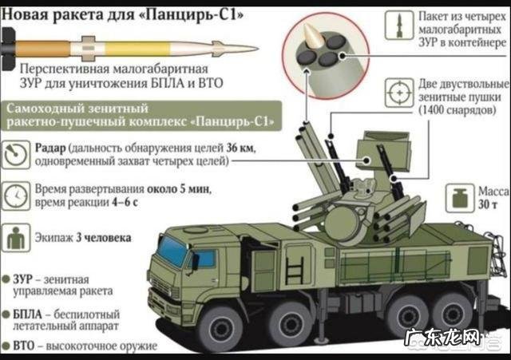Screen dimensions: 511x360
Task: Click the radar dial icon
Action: point(16,154)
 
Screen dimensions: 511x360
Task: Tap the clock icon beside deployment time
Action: point(16,196)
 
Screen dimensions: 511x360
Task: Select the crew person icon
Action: point(16,238)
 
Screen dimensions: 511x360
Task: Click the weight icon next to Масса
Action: point(460,198)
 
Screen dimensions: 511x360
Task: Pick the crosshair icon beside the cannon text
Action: point(399,93)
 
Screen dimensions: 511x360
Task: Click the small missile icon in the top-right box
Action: point(399,25)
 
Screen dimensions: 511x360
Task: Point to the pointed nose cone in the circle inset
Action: point(313,36)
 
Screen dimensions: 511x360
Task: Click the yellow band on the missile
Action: point(137,49)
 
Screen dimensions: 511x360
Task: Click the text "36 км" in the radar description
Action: point(240,148)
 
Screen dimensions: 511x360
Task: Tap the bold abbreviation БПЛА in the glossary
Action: point(27,315)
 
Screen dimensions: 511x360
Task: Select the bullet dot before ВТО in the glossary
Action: point(6,346)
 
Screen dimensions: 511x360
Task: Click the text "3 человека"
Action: point(104,238)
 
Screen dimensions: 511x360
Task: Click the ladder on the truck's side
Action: point(295,270)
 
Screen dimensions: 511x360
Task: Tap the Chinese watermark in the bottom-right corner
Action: point(442,338)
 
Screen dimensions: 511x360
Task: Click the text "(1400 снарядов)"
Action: point(458,110)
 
